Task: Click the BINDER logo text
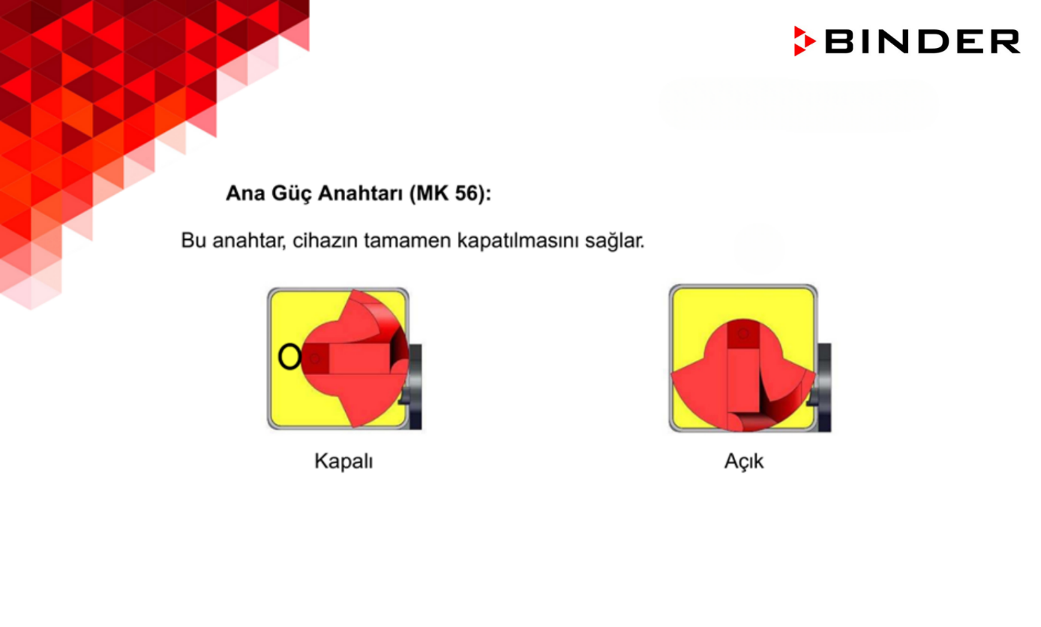click(x=922, y=41)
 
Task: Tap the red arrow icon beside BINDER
click(x=804, y=41)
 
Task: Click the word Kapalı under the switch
click(x=343, y=460)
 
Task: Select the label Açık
click(x=743, y=461)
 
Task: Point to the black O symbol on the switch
click(x=289, y=357)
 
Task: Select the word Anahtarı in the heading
click(x=361, y=193)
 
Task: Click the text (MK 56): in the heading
click(x=450, y=193)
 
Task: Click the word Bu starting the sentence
click(x=193, y=241)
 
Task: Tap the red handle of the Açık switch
click(x=743, y=379)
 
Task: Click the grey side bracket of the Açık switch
click(x=824, y=386)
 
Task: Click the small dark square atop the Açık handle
click(x=743, y=334)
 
